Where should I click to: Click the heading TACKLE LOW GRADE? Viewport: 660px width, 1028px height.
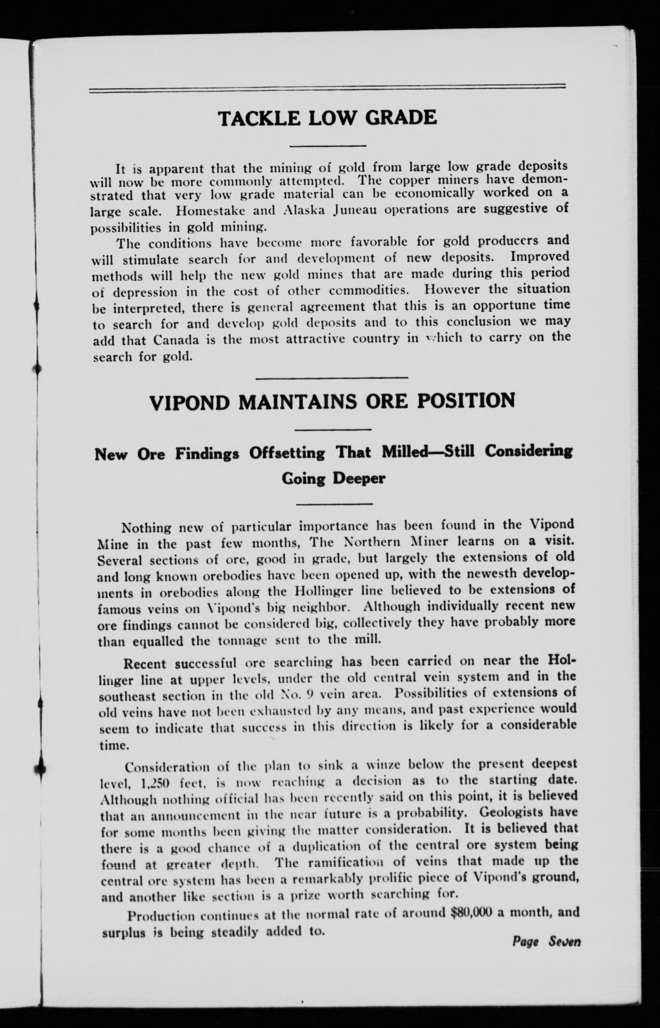point(328,118)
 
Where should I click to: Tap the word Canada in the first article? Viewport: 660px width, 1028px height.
point(176,341)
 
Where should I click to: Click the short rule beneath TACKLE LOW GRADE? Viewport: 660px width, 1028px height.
point(328,146)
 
